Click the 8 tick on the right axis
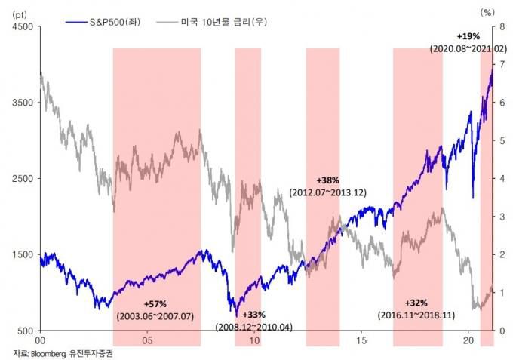[x=501, y=27]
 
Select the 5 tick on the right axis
[x=501, y=141]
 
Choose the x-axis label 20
[x=468, y=341]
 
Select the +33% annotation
[x=254, y=314]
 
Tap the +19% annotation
[x=468, y=35]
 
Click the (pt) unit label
[x=18, y=13]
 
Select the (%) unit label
[x=489, y=13]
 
